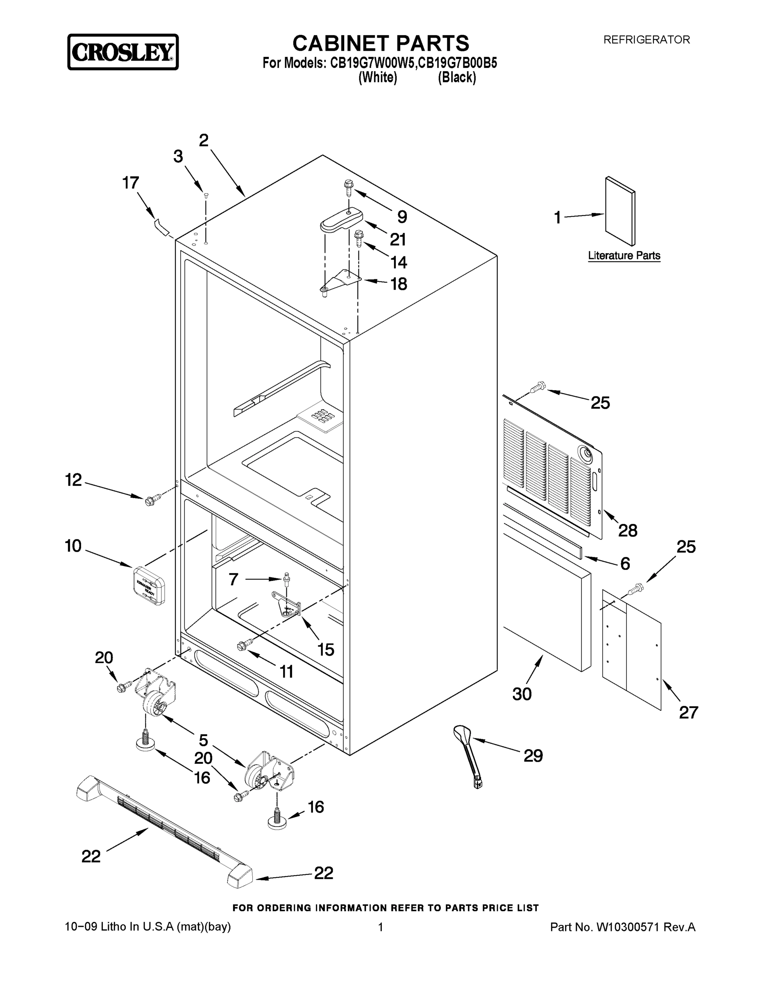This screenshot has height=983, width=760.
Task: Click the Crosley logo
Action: click(123, 52)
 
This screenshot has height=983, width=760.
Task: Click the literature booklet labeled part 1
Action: click(620, 211)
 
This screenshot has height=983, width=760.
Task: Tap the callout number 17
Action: click(131, 183)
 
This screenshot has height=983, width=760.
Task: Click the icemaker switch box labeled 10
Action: click(149, 585)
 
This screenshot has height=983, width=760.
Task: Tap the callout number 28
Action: click(628, 531)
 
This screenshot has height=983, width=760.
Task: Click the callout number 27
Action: click(688, 712)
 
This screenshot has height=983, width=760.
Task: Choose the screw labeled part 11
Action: click(241, 646)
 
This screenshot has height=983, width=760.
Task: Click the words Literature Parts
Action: click(624, 256)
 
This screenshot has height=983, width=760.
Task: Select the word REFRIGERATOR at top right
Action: click(646, 40)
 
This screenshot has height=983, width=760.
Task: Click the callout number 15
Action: click(326, 650)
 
